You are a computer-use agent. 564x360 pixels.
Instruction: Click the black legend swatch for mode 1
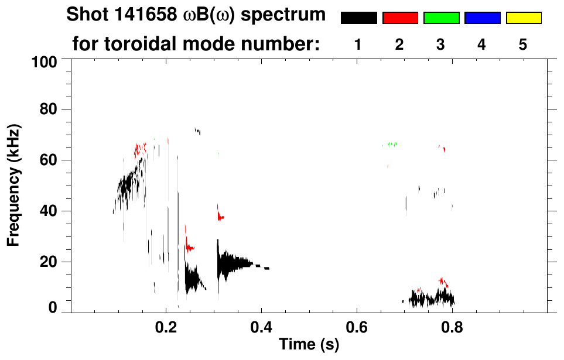click(x=358, y=18)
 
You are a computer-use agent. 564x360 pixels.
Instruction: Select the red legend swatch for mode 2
click(x=400, y=18)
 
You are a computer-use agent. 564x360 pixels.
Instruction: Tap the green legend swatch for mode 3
click(x=441, y=18)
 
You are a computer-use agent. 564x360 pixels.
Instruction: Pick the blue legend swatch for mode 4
click(x=482, y=18)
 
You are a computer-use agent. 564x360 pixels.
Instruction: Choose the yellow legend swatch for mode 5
click(x=523, y=18)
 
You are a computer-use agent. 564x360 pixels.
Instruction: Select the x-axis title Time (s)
click(x=309, y=345)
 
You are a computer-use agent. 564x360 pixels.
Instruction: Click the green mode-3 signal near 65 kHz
click(x=391, y=144)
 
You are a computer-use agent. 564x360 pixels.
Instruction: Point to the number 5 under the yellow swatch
click(x=523, y=44)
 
